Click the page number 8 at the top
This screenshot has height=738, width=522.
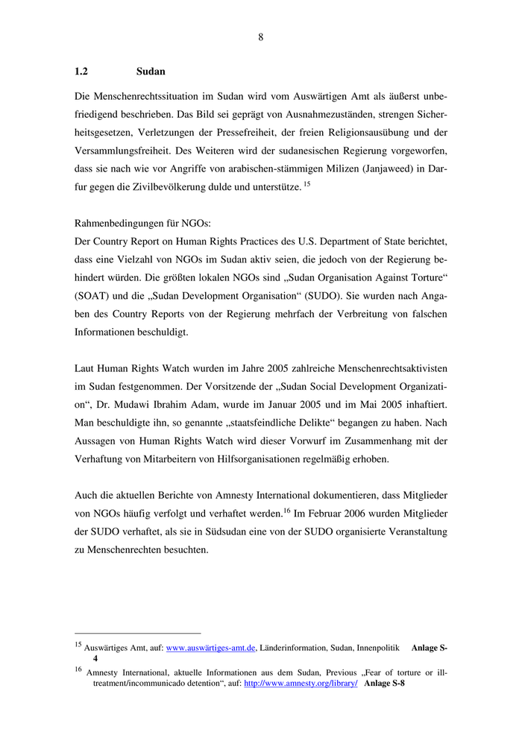click(261, 37)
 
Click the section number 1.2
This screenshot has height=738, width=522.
click(82, 72)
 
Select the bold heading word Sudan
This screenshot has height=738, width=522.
click(151, 72)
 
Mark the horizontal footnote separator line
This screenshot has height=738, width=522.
click(138, 633)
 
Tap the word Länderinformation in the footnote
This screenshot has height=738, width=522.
click(295, 649)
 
